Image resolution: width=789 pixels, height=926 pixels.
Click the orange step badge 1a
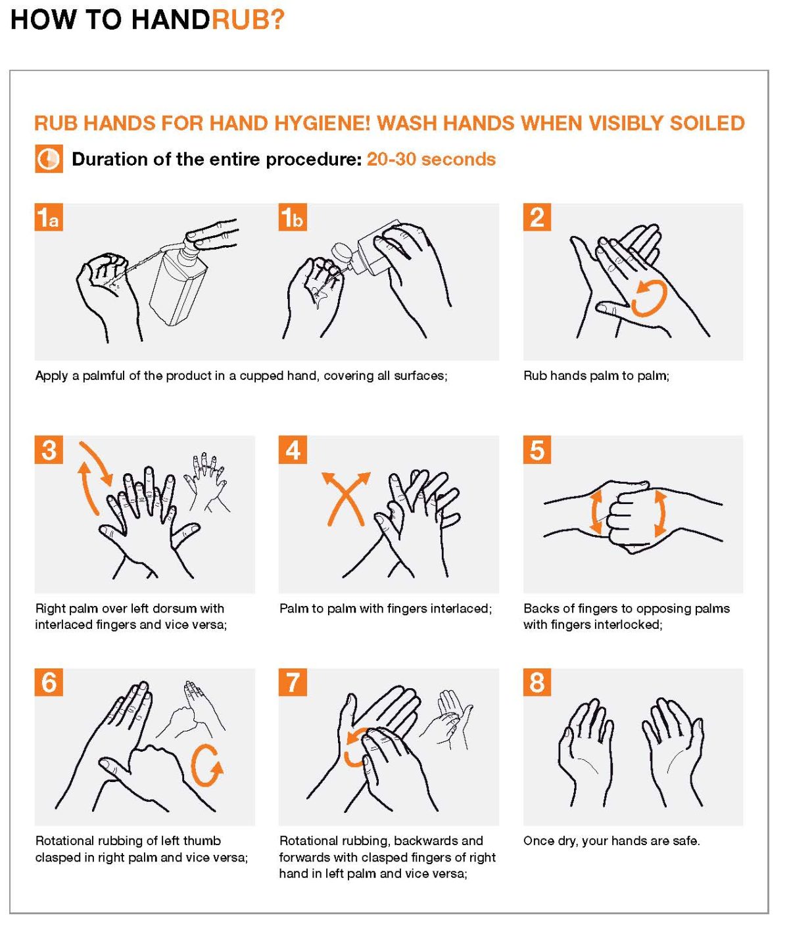(x=49, y=218)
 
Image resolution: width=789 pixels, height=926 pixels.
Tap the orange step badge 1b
(x=293, y=218)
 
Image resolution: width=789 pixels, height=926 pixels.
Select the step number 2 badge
(x=537, y=218)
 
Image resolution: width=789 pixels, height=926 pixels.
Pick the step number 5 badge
(x=537, y=450)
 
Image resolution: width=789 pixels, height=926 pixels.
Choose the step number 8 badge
(x=537, y=682)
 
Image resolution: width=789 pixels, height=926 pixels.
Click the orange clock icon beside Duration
(x=49, y=160)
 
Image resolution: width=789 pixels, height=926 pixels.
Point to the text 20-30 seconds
(x=431, y=160)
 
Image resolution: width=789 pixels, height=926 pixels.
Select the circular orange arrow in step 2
(x=649, y=298)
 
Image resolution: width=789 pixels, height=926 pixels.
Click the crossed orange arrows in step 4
(x=345, y=498)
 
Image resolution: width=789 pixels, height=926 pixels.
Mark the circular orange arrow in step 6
(x=206, y=766)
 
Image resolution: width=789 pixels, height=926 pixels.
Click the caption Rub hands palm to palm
(x=596, y=376)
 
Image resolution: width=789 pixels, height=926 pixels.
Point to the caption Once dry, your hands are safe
(x=611, y=841)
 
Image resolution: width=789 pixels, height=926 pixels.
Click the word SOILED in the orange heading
(x=707, y=124)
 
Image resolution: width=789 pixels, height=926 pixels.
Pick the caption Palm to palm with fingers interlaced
(x=385, y=609)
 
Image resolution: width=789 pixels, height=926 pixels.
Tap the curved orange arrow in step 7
(x=355, y=747)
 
